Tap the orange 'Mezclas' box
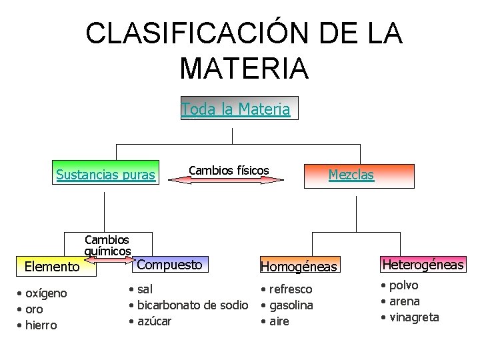tap(351, 175)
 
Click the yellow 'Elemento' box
tap(51, 267)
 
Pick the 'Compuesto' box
tap(169, 265)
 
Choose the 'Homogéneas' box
tap(299, 267)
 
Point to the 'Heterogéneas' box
tap(423, 265)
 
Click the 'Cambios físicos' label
tap(229, 171)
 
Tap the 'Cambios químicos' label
tap(107, 245)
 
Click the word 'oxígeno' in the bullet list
tap(46, 293)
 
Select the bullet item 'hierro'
tap(41, 325)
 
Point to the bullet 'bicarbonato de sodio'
tap(193, 305)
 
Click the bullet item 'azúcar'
tap(154, 321)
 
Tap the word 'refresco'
tap(291, 289)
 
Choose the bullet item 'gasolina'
tap(291, 305)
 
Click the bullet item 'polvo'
tap(405, 285)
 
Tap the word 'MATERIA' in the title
tap(244, 68)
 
